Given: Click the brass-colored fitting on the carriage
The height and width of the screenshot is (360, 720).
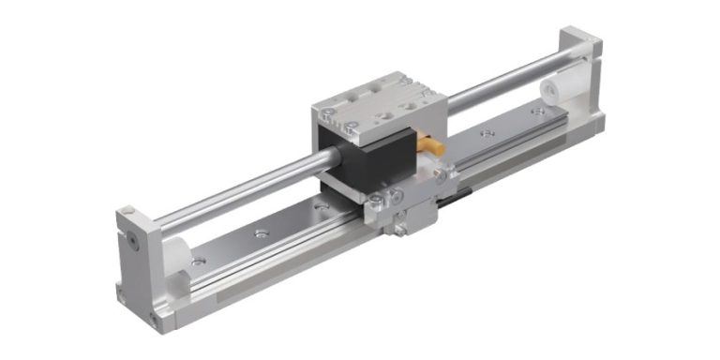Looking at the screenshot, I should point(434,147).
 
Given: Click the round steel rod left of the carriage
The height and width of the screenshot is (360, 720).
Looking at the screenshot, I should point(234,192).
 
